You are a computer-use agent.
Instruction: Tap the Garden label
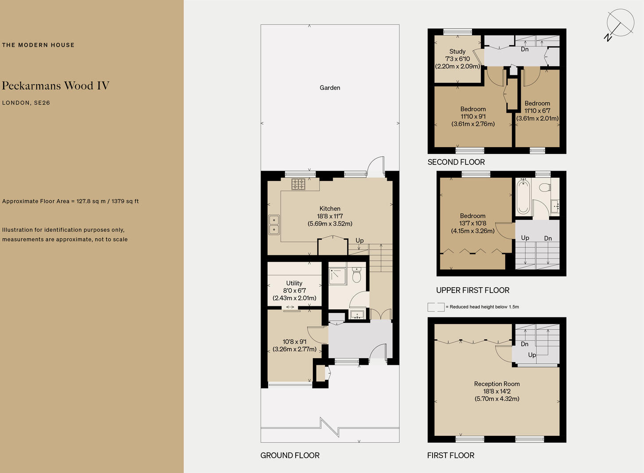(x=330, y=88)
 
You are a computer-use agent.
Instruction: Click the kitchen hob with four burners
(x=298, y=184)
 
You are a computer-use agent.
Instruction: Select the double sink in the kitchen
(x=274, y=224)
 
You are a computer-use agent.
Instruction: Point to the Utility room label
(x=294, y=283)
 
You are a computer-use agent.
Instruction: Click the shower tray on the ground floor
(x=338, y=276)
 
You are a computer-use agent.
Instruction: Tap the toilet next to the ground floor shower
(x=356, y=275)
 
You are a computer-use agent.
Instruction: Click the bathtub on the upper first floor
(x=523, y=197)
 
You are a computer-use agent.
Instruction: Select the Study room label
(x=457, y=51)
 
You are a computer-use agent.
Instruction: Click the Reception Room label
(x=497, y=384)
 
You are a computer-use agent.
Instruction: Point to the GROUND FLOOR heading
(x=290, y=455)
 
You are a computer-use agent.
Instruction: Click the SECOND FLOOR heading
(x=456, y=162)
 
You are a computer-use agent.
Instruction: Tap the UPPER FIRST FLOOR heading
(x=472, y=290)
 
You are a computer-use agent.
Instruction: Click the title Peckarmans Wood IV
(x=55, y=86)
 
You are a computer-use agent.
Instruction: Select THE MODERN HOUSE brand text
(x=38, y=45)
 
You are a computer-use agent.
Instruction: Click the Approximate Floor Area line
(x=70, y=201)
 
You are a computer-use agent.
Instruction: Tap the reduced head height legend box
(x=436, y=307)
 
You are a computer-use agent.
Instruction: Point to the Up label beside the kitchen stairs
(x=359, y=241)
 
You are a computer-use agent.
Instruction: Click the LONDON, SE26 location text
(x=26, y=103)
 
